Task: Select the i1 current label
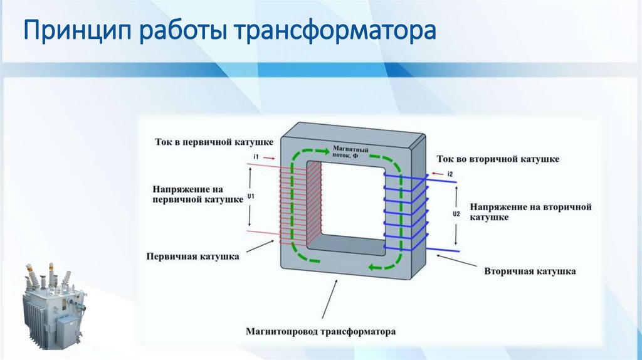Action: (255, 156)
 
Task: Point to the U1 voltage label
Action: (251, 196)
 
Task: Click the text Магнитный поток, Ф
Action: (350, 152)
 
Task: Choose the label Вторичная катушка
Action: (530, 272)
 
